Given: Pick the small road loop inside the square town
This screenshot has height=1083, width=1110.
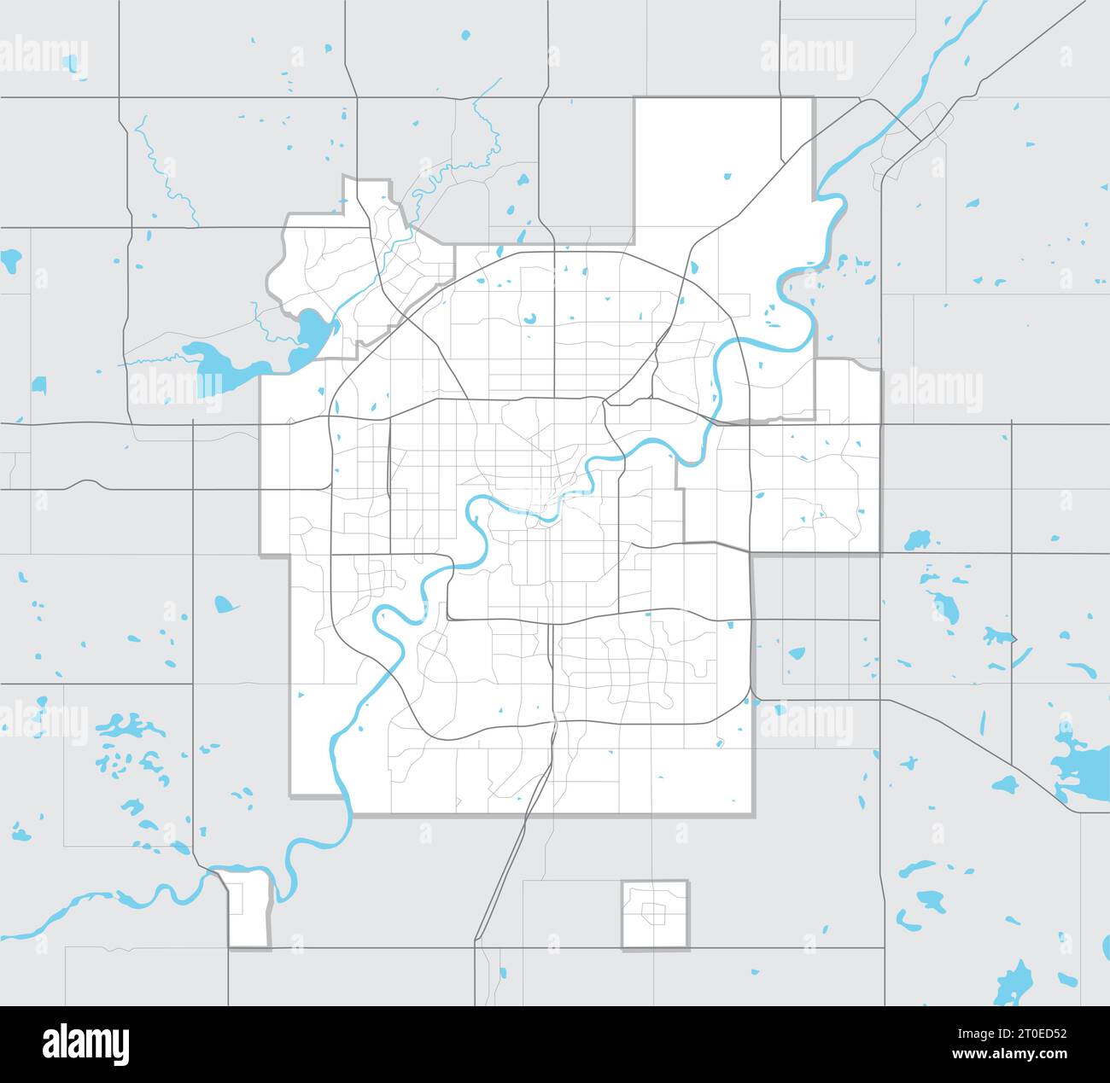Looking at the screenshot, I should [655, 912].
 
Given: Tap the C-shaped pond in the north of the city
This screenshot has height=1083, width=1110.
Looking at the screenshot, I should [530, 319].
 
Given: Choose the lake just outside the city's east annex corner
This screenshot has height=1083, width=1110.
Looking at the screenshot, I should [916, 539].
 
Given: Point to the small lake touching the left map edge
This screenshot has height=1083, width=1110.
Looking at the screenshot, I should [9, 259].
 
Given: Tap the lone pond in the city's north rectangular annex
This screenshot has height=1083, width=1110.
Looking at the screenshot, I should [727, 177].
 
